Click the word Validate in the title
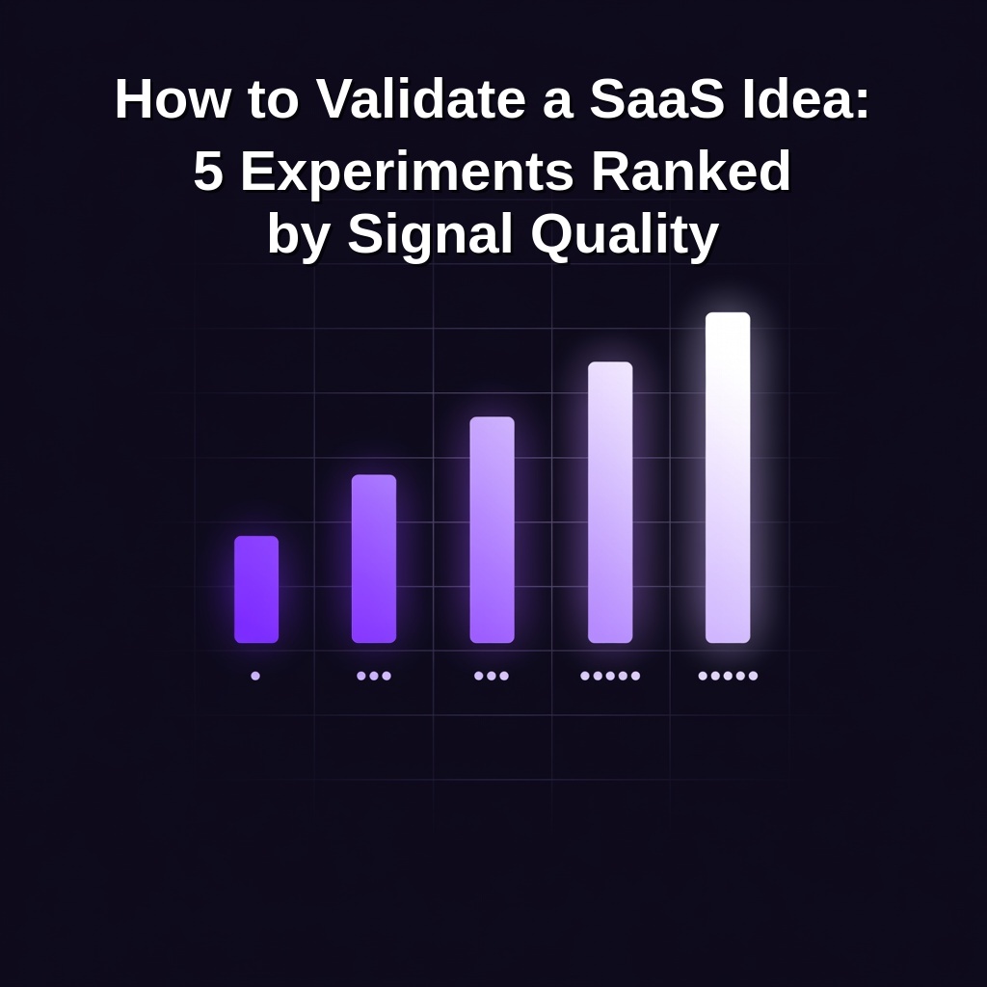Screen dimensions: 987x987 [420, 98]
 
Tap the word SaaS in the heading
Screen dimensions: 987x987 [656, 98]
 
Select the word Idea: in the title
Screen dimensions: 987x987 [806, 98]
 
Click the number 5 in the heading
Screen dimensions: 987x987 [208, 172]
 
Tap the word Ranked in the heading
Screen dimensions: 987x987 [690, 172]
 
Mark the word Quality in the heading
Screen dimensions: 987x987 [625, 235]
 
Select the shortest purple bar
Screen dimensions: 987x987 [256, 589]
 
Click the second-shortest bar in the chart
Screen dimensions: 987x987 [374, 558]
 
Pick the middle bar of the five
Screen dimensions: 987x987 [492, 529]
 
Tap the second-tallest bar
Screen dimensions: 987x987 [610, 502]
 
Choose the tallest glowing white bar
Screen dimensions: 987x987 [728, 477]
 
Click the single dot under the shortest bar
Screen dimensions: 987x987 [255, 676]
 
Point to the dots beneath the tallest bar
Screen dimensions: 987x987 [728, 676]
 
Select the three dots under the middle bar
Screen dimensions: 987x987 [492, 676]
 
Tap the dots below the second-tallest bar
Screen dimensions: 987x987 [610, 676]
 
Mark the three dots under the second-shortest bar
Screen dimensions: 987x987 [374, 676]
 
